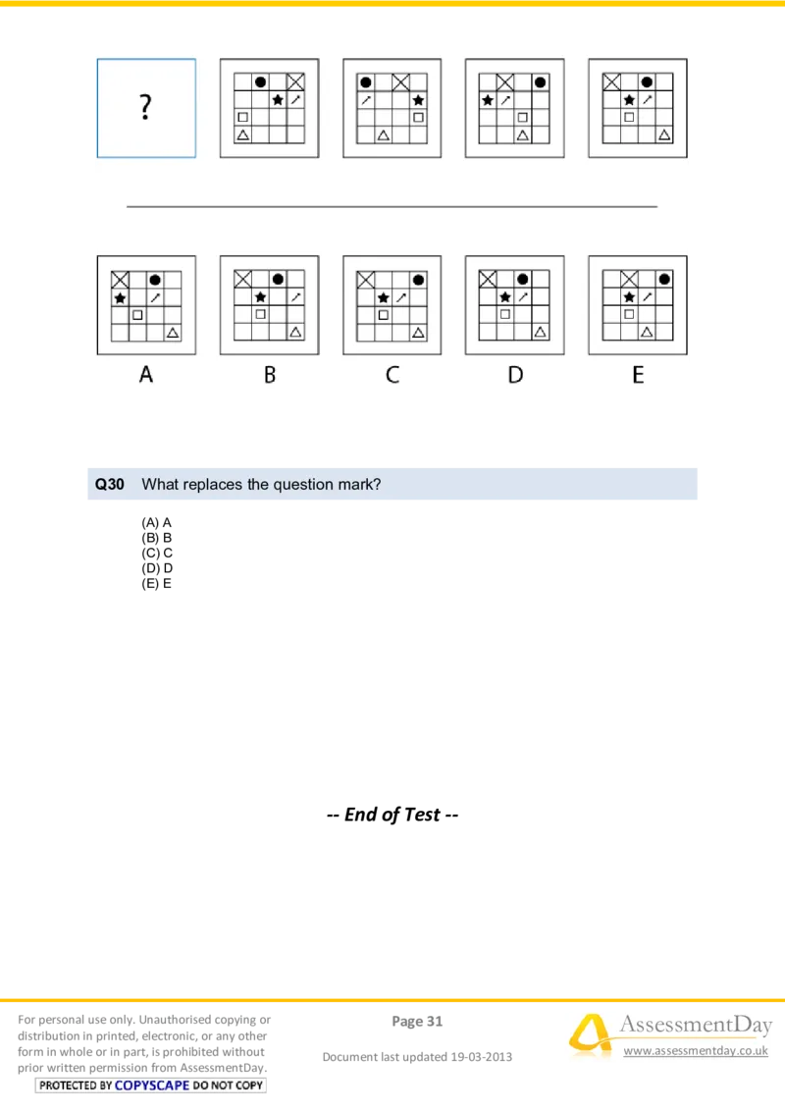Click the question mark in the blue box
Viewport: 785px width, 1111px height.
click(145, 107)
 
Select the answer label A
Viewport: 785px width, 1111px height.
click(146, 374)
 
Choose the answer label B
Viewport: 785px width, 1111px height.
click(269, 374)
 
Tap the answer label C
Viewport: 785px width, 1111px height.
click(392, 374)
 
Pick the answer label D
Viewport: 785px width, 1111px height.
click(515, 374)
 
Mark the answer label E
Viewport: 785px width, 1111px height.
click(638, 374)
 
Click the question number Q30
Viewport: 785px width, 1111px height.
click(109, 484)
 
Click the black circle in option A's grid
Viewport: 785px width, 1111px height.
click(155, 280)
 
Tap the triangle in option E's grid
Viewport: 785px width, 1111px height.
click(647, 333)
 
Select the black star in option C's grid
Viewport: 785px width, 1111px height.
click(383, 297)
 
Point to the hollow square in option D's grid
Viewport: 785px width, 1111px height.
click(505, 314)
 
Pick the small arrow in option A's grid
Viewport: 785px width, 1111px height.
click(155, 296)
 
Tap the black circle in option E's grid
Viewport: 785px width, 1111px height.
click(664, 280)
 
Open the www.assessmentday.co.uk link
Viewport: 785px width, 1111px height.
click(696, 1051)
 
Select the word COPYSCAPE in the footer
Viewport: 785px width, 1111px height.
click(151, 1085)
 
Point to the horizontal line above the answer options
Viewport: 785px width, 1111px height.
click(392, 207)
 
